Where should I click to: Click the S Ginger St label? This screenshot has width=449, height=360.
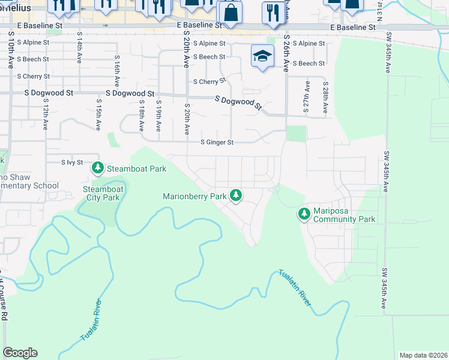pyautogui.click(x=216, y=142)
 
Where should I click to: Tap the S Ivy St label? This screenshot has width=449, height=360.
pyautogui.click(x=71, y=163)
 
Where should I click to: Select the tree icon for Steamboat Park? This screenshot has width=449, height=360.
pyautogui.click(x=97, y=169)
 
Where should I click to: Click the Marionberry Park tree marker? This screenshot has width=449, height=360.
pyautogui.click(x=237, y=196)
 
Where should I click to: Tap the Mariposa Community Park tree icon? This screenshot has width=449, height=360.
pyautogui.click(x=304, y=213)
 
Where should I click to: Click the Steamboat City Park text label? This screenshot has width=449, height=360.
pyautogui.click(x=102, y=194)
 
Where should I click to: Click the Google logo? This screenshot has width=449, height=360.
pyautogui.click(x=20, y=353)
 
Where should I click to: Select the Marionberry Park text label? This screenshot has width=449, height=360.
pyautogui.click(x=194, y=196)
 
